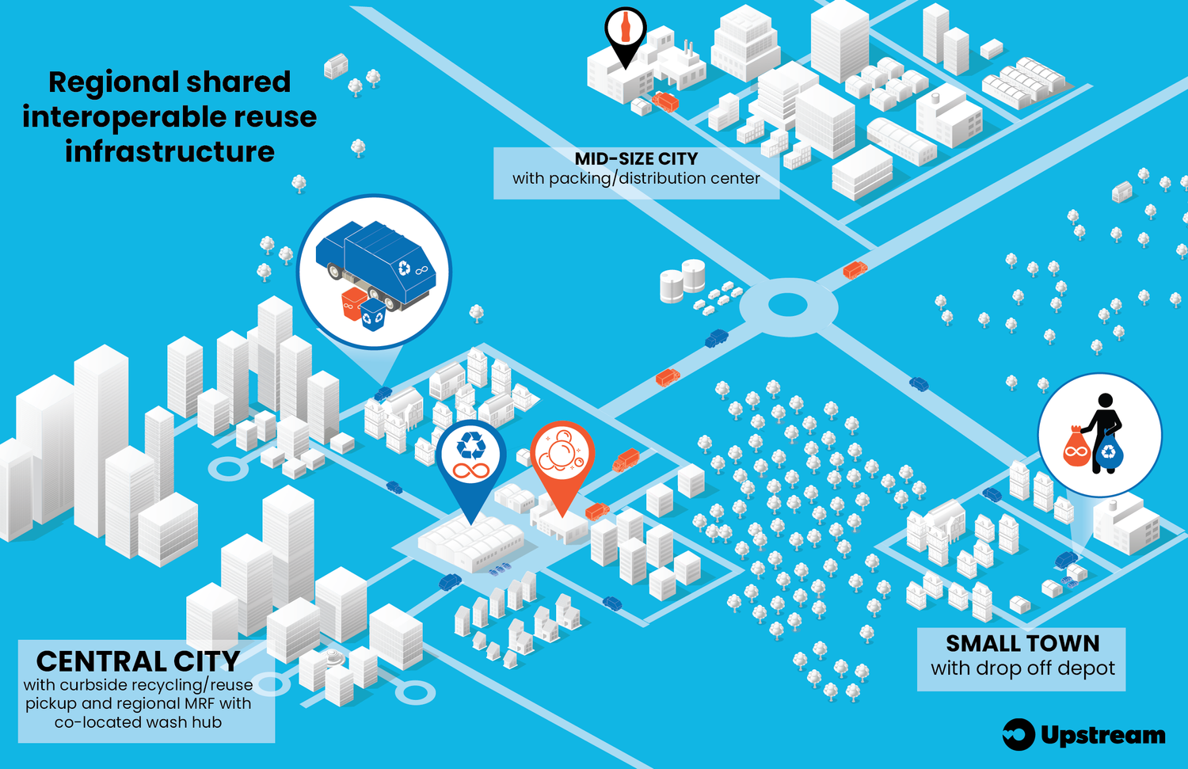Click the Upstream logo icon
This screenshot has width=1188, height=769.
[x=1019, y=734]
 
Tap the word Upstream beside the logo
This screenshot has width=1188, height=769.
[x=1102, y=735]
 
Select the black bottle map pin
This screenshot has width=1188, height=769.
[x=625, y=32]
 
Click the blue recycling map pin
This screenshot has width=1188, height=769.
[x=470, y=459]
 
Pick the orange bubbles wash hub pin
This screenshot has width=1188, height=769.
[x=562, y=458]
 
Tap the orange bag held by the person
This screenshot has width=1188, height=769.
[x=1076, y=448]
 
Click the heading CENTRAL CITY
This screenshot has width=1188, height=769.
[x=138, y=661]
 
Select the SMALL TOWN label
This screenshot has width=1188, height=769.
[x=1022, y=643]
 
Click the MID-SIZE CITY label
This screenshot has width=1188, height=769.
[x=636, y=159]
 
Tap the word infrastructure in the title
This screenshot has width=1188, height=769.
[x=169, y=151]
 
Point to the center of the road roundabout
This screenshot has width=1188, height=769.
[x=787, y=305]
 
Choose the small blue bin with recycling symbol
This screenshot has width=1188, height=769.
[x=372, y=314]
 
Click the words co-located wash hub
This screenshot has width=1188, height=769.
[x=138, y=722]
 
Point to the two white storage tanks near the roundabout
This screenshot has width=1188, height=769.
[x=682, y=280]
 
